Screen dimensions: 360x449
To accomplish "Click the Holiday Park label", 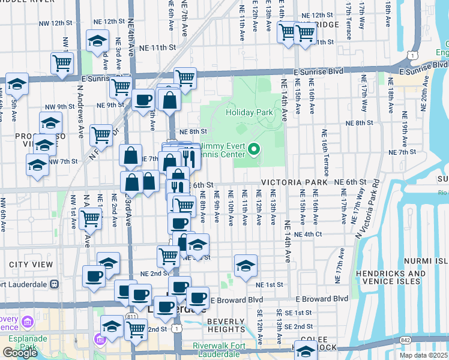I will pyautogui.click(x=249, y=112).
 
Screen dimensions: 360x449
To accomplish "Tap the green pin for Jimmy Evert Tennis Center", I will pyautogui.click(x=254, y=148).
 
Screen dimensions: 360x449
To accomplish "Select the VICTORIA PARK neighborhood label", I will pyautogui.click(x=294, y=182).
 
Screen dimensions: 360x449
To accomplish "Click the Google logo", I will pyautogui.click(x=19, y=353).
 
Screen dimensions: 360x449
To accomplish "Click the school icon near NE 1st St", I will pyautogui.click(x=245, y=266).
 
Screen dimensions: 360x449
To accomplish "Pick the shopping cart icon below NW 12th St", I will pyautogui.click(x=62, y=63).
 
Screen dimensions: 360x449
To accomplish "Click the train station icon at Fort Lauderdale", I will pyautogui.click(x=54, y=284).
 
